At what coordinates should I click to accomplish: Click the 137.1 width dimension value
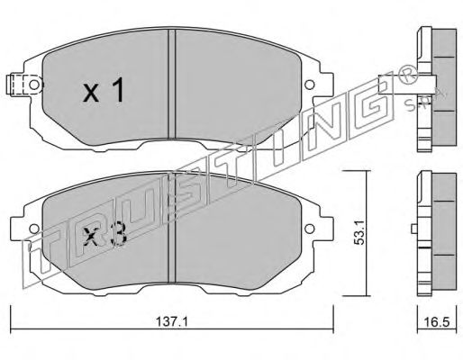click(x=172, y=322)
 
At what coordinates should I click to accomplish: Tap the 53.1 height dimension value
click(x=359, y=232)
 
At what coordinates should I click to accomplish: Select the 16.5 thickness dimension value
click(x=437, y=322)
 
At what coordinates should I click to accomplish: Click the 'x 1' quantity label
click(x=104, y=90)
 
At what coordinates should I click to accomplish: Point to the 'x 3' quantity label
click(x=104, y=234)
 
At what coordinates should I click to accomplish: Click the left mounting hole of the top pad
click(x=34, y=85)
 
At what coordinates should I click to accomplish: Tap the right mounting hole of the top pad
click(x=310, y=85)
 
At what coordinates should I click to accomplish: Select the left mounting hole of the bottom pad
click(x=34, y=229)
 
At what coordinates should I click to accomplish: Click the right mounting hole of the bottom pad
click(x=310, y=229)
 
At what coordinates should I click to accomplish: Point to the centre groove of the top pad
click(x=171, y=83)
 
